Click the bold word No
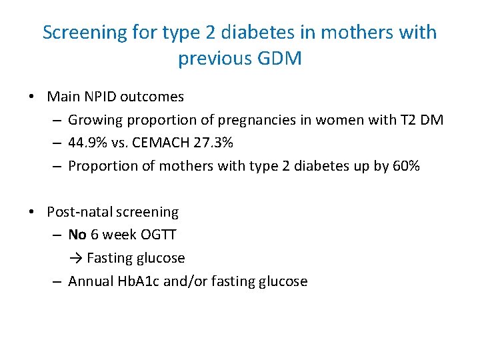[77, 235]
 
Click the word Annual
[92, 281]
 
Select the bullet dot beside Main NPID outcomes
[32, 97]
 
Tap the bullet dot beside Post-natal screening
[32, 212]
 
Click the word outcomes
[152, 97]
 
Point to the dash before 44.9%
[57, 143]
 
